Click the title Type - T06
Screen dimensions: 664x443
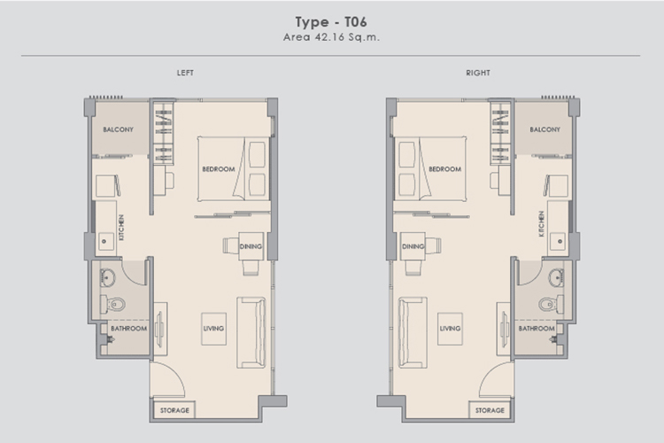[x=331, y=22]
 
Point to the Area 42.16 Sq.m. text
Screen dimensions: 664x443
[x=331, y=37]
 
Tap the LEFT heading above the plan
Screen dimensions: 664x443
[x=185, y=73]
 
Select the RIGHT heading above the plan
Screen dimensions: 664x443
[x=478, y=73]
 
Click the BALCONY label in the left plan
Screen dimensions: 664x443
[x=118, y=129]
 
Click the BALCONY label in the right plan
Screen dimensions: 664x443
[x=545, y=129]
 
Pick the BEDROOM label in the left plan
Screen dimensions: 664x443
[x=219, y=169]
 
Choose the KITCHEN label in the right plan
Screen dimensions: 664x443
[x=541, y=224]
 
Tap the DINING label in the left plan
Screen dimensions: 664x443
[x=251, y=246]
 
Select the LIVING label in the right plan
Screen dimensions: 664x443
[x=450, y=329]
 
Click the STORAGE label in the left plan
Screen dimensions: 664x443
[x=174, y=410]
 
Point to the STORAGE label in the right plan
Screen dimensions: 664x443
[x=490, y=410]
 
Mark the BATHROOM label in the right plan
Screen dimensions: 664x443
[x=537, y=329]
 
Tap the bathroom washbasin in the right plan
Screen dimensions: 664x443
[x=556, y=278]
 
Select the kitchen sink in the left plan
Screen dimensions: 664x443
[x=106, y=241]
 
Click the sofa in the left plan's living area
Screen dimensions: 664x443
[x=251, y=332]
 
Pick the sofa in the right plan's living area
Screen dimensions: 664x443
[x=413, y=332]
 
